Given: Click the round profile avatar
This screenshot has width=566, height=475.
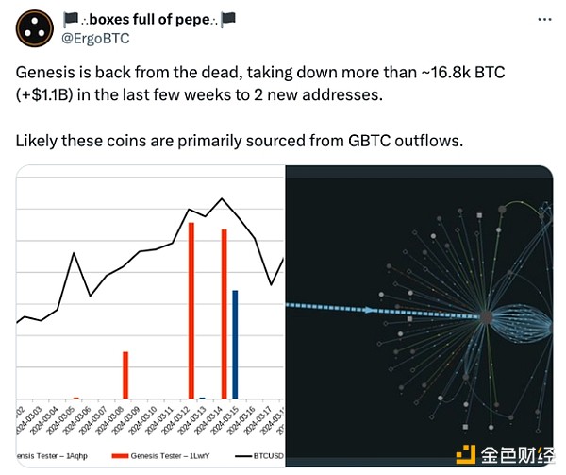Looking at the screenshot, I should [36, 29].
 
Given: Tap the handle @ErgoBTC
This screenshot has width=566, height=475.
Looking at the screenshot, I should [97, 39].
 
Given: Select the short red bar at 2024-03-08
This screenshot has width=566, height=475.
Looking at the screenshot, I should [125, 375].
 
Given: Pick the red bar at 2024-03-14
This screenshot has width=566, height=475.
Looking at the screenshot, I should [225, 314].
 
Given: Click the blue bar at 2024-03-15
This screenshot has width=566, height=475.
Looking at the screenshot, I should [235, 344].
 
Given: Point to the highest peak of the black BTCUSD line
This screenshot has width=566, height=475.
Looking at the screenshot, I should [222, 198].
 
